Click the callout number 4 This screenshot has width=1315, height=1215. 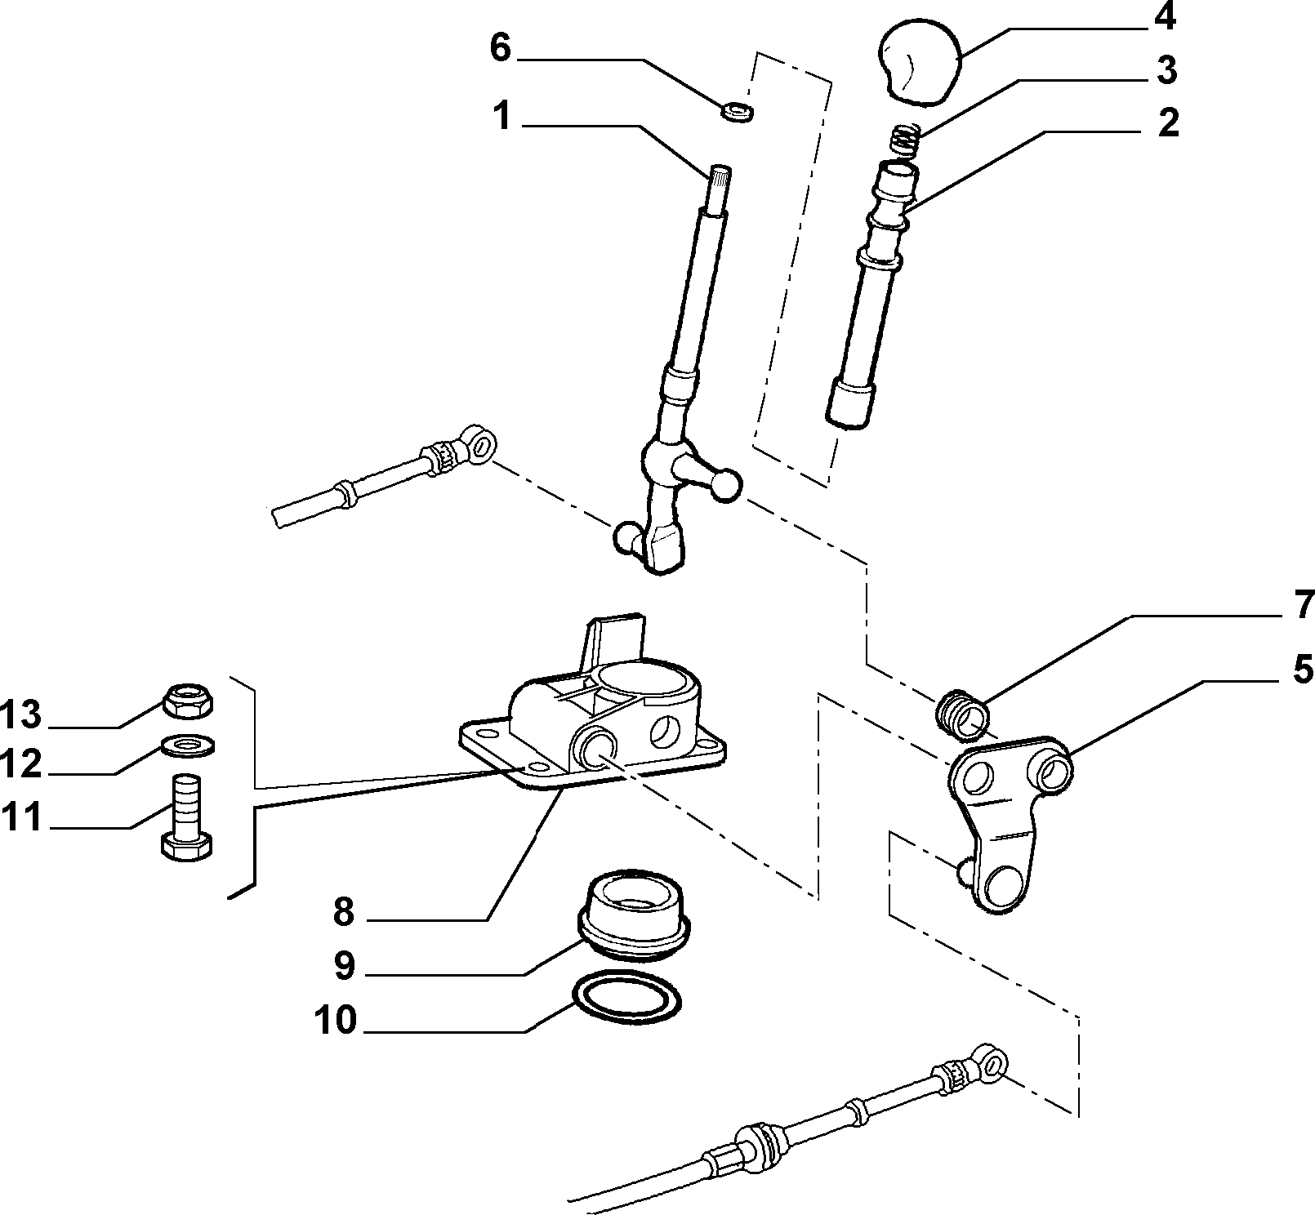tap(1164, 18)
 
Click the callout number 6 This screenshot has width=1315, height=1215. tap(500, 48)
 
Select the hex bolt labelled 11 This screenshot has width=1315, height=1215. tap(187, 818)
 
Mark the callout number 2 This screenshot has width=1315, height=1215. tap(1168, 123)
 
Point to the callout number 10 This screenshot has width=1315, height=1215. tap(335, 1020)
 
